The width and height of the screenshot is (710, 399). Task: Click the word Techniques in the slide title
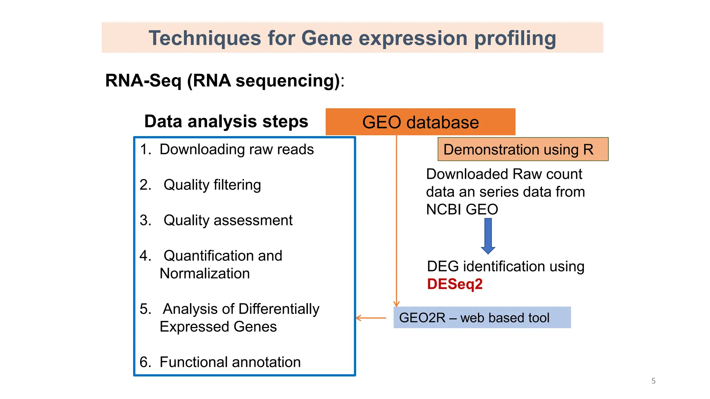tap(205, 38)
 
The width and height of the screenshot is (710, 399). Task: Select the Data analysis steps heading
tap(226, 122)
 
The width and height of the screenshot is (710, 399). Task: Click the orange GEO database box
tap(420, 122)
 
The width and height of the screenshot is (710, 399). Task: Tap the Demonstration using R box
tap(523, 149)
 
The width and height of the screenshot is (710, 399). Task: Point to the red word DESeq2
tap(455, 284)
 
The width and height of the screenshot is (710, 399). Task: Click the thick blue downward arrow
tap(488, 236)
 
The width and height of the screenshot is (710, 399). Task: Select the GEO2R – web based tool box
tap(482, 318)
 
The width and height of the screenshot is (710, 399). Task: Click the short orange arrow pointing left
tap(371, 318)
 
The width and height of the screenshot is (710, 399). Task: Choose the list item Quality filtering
tap(212, 185)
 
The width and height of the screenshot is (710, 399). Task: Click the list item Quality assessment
tap(228, 220)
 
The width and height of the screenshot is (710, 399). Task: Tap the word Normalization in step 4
tap(205, 274)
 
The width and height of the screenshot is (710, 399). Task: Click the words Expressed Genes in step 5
tap(218, 327)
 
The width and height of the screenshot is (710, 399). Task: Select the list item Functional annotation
tap(230, 362)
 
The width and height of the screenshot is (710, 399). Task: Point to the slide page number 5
tap(653, 381)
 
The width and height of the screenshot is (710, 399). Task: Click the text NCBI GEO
tap(462, 210)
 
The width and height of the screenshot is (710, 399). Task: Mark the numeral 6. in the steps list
tap(145, 362)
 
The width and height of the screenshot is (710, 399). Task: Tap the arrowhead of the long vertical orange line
tap(396, 304)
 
